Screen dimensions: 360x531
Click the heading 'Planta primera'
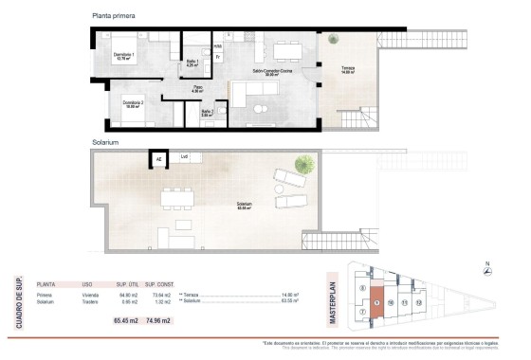click(115, 16)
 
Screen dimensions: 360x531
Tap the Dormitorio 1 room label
click(124, 56)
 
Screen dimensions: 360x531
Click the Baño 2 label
click(207, 113)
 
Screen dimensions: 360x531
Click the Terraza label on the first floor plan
click(348, 69)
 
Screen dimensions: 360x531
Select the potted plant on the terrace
click(332, 41)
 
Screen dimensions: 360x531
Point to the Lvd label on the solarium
click(185, 157)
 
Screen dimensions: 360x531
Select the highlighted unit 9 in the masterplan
click(376, 302)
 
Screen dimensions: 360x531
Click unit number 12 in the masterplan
click(418, 302)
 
